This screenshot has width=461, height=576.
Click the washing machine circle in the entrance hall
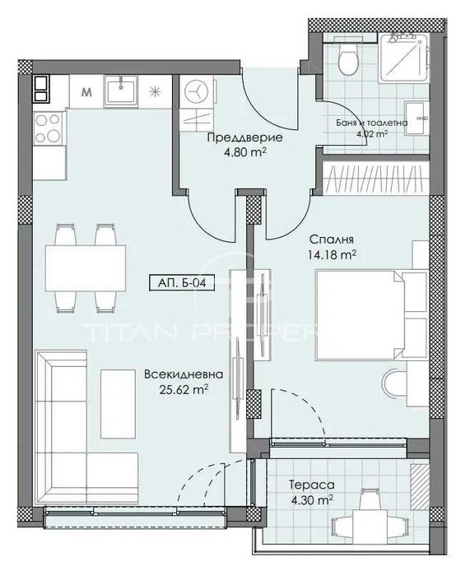click(x=196, y=89)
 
